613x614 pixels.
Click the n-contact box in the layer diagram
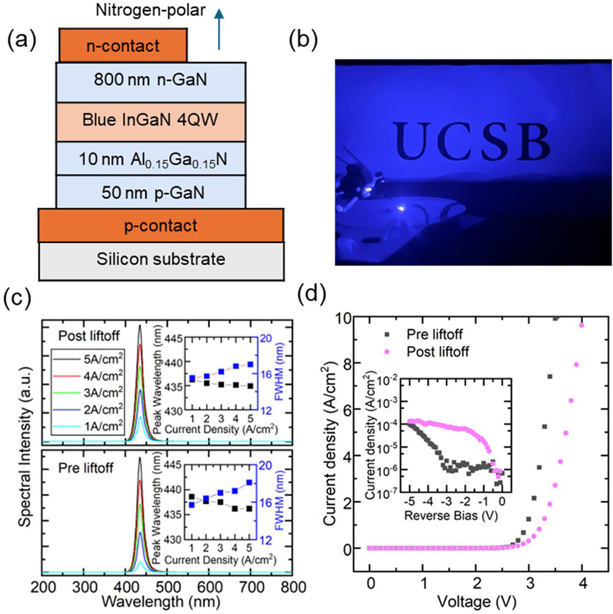[123, 45]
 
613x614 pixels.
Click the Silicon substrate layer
[161, 259]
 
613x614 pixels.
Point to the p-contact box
[161, 225]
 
